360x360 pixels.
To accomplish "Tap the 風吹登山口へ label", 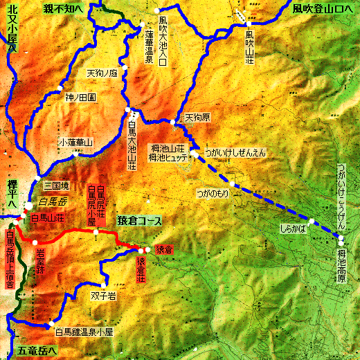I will tap(322, 8).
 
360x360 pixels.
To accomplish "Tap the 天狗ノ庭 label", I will tap(102, 72).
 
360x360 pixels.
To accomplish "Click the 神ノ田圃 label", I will tap(80, 98).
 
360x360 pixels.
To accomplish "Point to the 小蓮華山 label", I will tap(75, 143).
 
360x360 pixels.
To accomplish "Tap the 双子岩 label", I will tap(101, 294).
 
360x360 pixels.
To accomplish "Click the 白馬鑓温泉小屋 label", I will tap(84, 331).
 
